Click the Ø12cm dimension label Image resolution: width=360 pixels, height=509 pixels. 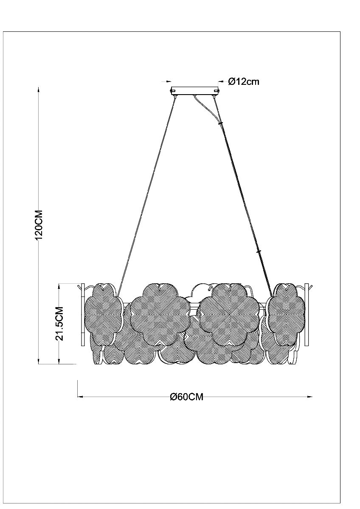pyautogui.click(x=244, y=81)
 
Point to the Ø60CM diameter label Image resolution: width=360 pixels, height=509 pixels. pyautogui.click(x=186, y=397)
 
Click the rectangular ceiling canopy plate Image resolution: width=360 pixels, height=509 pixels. pyautogui.click(x=195, y=90)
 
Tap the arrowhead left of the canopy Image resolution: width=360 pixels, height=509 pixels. pyautogui.click(x=169, y=81)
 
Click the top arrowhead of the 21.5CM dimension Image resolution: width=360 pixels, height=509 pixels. pyautogui.click(x=59, y=286)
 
